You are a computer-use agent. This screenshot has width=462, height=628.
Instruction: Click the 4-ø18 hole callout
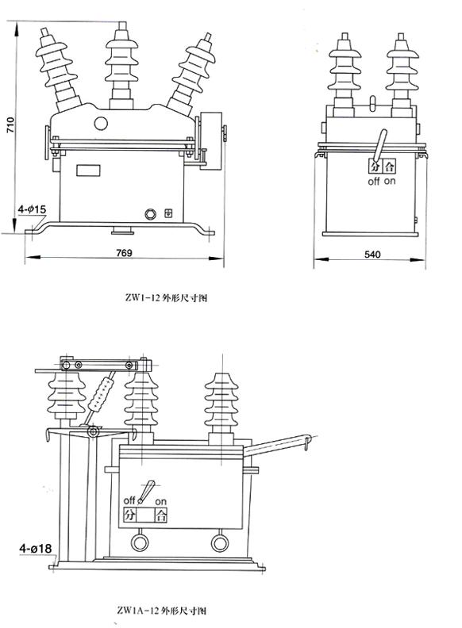tap(35, 547)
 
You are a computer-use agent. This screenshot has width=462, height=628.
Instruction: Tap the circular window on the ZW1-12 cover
tap(102, 123)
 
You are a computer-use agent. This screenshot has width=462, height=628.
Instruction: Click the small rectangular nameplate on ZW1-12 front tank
tap(88, 168)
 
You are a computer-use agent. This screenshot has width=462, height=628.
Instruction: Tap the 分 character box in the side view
tap(375, 167)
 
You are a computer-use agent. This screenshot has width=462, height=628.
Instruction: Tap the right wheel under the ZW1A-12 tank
tap(220, 542)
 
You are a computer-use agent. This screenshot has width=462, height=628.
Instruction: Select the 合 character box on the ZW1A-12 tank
tap(163, 515)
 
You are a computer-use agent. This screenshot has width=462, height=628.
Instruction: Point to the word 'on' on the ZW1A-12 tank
tap(160, 501)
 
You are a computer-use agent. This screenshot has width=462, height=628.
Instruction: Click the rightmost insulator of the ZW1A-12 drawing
tap(220, 404)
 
